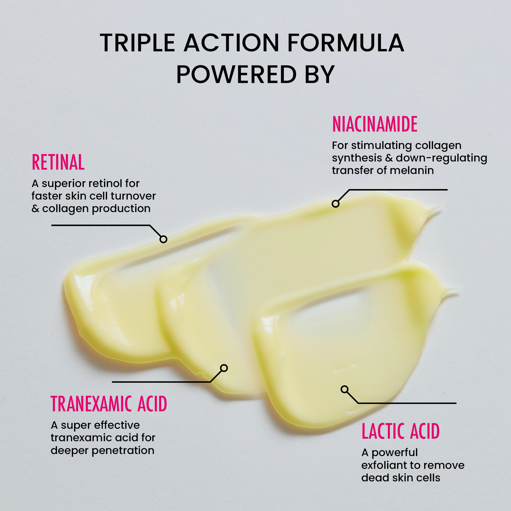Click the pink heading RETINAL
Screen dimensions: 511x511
pyautogui.click(x=58, y=162)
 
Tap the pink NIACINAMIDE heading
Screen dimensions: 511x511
pyautogui.click(x=375, y=124)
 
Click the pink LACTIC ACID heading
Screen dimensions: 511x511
pyautogui.click(x=401, y=431)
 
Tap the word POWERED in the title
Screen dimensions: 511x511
pyautogui.click(x=236, y=74)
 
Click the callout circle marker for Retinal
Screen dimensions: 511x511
pyautogui.click(x=163, y=239)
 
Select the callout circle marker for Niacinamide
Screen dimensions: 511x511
pyautogui.click(x=336, y=204)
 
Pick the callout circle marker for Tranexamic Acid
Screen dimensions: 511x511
pyautogui.click(x=224, y=368)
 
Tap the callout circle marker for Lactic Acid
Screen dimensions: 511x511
pyautogui.click(x=345, y=389)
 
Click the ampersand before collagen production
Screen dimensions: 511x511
pyautogui.click(x=35, y=209)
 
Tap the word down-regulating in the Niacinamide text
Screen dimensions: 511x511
pyautogui.click(x=441, y=158)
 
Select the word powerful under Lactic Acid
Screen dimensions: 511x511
pyautogui.click(x=395, y=453)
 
